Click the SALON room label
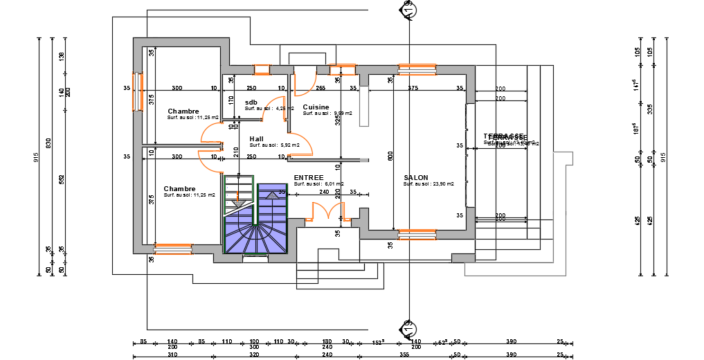click(x=416, y=178)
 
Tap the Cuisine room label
click(x=316, y=107)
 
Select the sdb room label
click(x=251, y=102)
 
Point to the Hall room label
click(x=256, y=138)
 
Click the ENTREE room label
click(x=308, y=178)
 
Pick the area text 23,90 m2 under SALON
click(x=428, y=185)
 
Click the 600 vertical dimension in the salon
click(x=390, y=158)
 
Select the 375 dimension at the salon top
click(x=413, y=88)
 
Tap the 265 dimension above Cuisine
click(x=321, y=88)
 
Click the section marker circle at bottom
click(x=408, y=327)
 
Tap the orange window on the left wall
click(x=136, y=90)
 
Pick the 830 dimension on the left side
click(x=48, y=143)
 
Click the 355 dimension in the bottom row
click(x=404, y=354)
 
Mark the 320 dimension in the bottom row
click(x=254, y=354)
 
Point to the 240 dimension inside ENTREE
click(x=324, y=192)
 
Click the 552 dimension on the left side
click(x=61, y=179)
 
